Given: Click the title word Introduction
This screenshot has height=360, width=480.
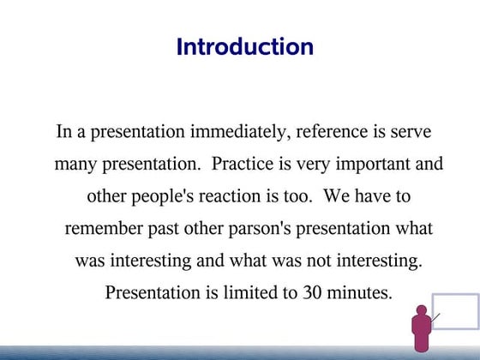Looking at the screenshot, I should coord(244,46).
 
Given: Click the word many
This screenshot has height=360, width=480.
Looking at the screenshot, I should coord(75,165).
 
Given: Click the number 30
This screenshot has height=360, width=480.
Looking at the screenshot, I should coord(312,292).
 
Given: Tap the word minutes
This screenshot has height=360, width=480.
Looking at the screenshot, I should coord(359,292).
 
